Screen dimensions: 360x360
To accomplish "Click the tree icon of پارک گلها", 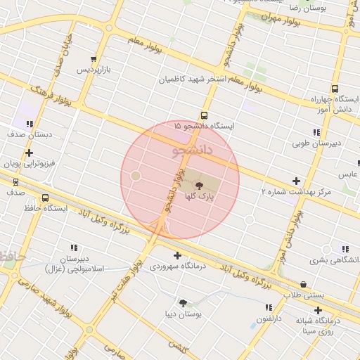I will click(199, 186).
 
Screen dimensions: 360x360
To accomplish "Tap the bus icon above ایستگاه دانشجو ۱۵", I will click(205, 115).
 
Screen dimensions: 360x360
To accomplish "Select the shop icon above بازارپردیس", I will click(94, 59).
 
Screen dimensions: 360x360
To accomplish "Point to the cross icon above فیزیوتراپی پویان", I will click(29, 153).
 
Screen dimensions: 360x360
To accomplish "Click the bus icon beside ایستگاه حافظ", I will click(46, 198).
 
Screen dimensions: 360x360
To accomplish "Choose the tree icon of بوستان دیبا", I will click(184, 303).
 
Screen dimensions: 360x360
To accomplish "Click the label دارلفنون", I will click(268, 319).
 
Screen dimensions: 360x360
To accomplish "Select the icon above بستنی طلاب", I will click(303, 284).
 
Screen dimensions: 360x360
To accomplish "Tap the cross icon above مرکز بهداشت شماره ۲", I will click(296, 181).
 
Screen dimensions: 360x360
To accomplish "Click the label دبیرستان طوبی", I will click(316, 143).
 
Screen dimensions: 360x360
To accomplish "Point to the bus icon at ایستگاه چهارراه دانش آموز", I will click(334, 89).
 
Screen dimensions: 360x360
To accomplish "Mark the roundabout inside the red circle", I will click(136, 175).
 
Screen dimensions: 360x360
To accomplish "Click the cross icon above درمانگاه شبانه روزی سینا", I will click(319, 310).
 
